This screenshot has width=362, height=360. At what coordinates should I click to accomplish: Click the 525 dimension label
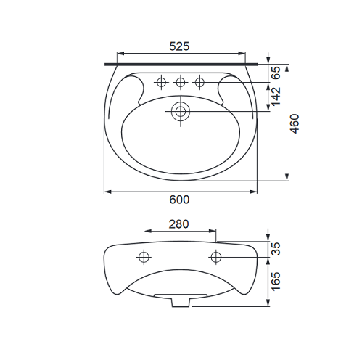pos(179,46)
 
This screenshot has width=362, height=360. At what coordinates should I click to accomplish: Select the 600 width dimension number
pos(179,200)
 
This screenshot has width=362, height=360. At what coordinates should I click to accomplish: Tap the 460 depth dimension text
pos(295,123)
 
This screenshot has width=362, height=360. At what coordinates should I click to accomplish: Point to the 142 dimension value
pos(276,97)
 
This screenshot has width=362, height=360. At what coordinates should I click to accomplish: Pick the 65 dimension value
pos(276,73)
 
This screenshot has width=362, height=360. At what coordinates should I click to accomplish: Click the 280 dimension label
pos(178,224)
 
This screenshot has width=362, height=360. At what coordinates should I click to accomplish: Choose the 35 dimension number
pos(276,249)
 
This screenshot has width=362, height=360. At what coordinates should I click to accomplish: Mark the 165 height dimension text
pos(276,282)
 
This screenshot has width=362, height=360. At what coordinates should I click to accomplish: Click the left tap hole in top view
pos(161,82)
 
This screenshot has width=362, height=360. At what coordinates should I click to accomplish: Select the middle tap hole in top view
pos(181,82)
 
